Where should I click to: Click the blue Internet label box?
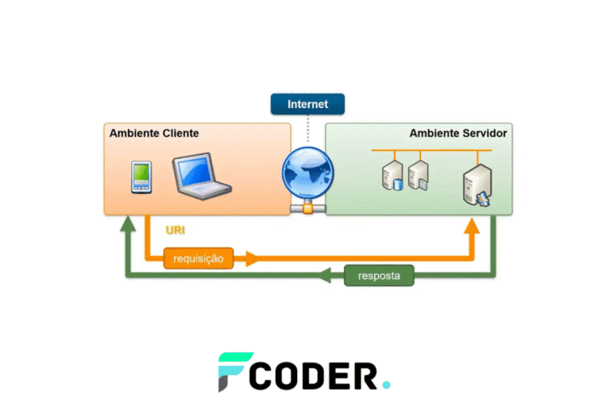point(307,104)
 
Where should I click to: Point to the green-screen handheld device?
point(141,176)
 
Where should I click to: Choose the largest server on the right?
point(478,185)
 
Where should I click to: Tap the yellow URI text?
point(176,231)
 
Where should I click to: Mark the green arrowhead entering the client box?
point(126,227)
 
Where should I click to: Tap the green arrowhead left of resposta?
point(325,277)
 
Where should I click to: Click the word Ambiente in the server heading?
point(434,133)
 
